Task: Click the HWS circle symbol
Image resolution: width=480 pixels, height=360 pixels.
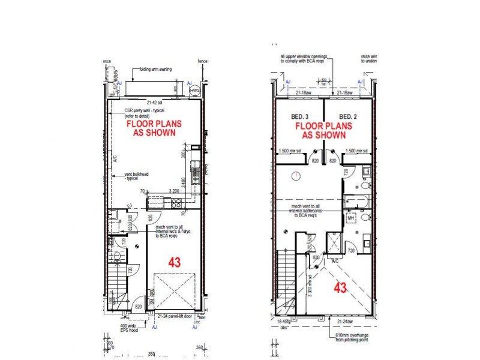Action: [195, 91]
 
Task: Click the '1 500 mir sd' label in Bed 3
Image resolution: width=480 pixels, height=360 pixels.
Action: [290, 151]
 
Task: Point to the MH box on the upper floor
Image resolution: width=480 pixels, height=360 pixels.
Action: [352, 218]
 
